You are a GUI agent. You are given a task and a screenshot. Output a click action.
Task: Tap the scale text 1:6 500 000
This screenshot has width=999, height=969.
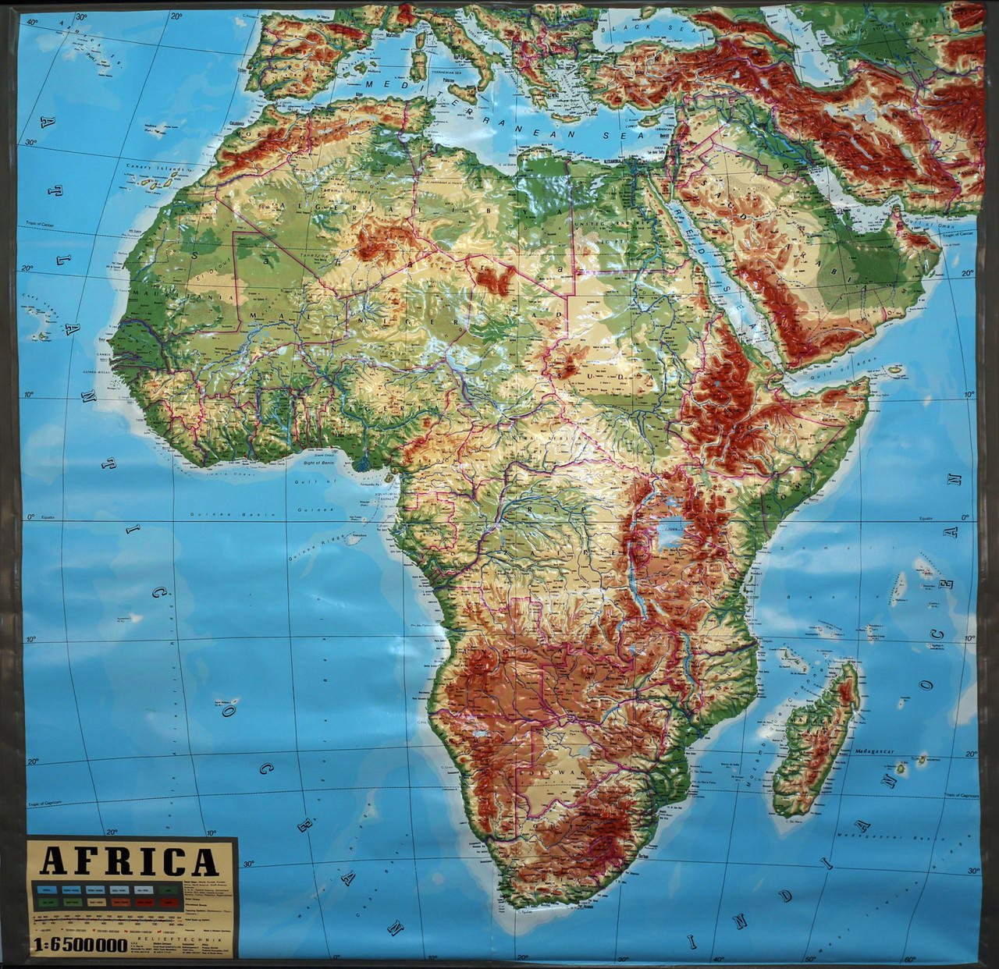[78, 946]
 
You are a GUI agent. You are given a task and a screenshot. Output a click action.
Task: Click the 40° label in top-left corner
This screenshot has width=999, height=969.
[33, 22]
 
